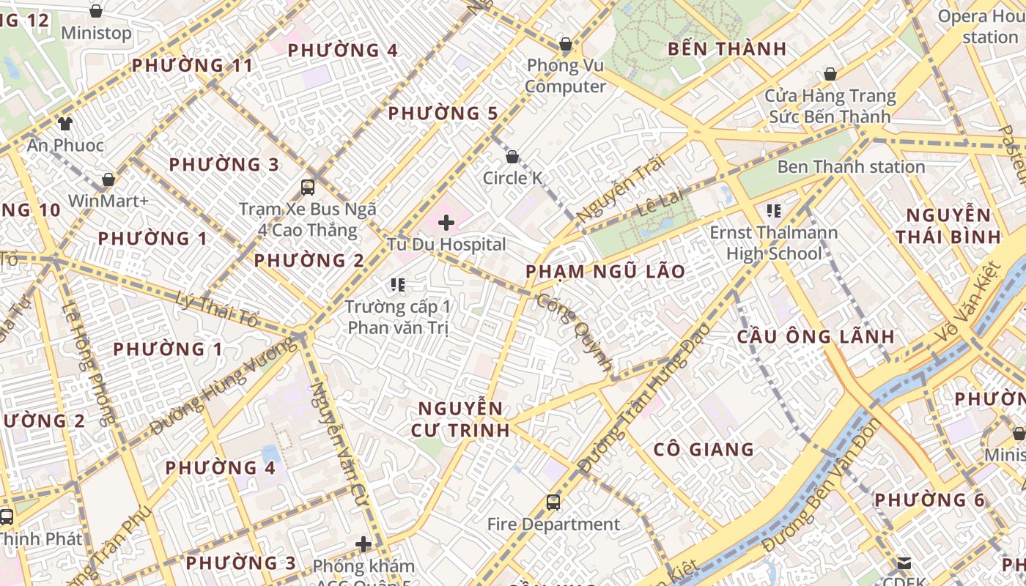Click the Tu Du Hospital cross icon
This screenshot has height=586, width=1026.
[x=446, y=223]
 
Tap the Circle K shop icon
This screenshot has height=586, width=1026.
[x=512, y=157]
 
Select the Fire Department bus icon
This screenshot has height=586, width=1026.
[x=553, y=502]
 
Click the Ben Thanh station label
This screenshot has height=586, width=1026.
[x=851, y=167]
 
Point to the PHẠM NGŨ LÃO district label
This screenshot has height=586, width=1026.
[x=605, y=272]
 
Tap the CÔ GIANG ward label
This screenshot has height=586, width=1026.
[x=703, y=450]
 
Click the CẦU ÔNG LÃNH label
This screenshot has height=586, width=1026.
[x=815, y=337]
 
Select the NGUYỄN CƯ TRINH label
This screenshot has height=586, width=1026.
[x=463, y=419]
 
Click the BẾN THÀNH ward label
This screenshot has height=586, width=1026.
[x=727, y=49]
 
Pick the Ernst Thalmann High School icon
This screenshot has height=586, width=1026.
[x=773, y=211]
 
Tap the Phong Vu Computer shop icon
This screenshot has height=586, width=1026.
[x=565, y=44]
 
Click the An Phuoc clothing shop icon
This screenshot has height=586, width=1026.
[x=66, y=124]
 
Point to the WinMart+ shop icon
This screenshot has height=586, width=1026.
[x=108, y=179]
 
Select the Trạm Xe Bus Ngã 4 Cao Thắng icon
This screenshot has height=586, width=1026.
[x=308, y=187]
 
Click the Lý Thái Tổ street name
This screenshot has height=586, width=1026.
[x=218, y=308]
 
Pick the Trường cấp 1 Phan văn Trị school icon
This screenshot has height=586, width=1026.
[x=398, y=284]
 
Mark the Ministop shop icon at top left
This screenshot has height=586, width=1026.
[x=96, y=11]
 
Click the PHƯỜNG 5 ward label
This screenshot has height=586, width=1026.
[x=443, y=114]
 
